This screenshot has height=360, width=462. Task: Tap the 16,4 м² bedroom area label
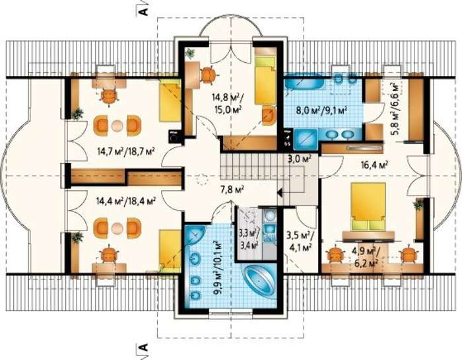point(374,164)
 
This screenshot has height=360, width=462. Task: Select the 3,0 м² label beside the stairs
point(299,159)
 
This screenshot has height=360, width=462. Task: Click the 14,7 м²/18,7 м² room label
point(127,152)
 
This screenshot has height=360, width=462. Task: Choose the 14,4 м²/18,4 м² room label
point(126,201)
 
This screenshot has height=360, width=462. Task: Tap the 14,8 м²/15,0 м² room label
point(227,103)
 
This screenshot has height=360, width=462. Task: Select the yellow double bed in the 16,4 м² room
point(368,206)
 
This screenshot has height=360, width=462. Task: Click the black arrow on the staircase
point(280,194)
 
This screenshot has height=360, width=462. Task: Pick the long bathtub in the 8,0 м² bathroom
point(304,82)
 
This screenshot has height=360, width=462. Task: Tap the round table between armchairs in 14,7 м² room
point(117,126)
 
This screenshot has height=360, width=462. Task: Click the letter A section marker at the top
point(143,10)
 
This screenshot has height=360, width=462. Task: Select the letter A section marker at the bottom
point(143,347)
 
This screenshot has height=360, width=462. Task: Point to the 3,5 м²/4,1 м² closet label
point(300,242)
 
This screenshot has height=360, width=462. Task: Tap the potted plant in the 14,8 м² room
point(190,53)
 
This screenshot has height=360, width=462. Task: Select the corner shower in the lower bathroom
point(195,236)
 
